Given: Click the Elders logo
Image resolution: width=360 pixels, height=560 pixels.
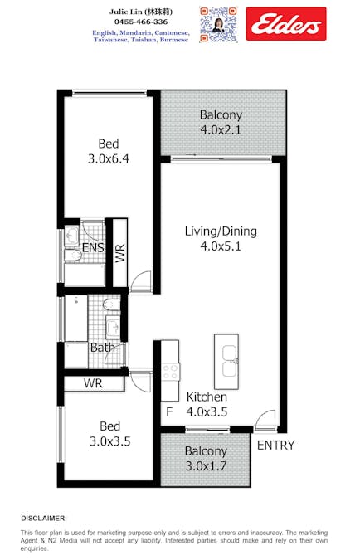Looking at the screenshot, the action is pyautogui.click(x=286, y=23).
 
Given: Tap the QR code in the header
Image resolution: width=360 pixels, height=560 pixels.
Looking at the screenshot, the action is pyautogui.click(x=218, y=25).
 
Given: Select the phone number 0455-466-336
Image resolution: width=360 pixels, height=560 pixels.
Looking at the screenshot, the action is pyautogui.click(x=141, y=22).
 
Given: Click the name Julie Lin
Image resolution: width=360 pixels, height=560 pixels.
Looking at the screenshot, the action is pyautogui.click(x=125, y=12).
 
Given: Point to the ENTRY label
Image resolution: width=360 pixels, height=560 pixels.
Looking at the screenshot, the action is pyautogui.click(x=275, y=445).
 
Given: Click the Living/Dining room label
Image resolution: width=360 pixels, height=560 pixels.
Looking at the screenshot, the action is pyautogui.click(x=221, y=231).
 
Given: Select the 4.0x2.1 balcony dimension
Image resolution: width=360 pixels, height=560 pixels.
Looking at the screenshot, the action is pyautogui.click(x=221, y=129).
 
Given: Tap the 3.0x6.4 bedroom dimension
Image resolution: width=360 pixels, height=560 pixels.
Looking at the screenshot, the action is pyautogui.click(x=109, y=158).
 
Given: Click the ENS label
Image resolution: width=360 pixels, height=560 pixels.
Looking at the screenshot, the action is pyautogui.click(x=93, y=247).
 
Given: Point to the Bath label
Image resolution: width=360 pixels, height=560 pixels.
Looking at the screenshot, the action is pyautogui.click(x=103, y=347).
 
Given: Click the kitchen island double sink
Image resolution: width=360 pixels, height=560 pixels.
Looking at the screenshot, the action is pyautogui.click(x=230, y=361).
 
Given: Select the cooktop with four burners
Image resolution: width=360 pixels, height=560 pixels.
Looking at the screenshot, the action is pyautogui.click(x=170, y=372).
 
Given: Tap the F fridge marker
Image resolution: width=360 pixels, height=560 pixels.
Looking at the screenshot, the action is pyautogui.click(x=169, y=411).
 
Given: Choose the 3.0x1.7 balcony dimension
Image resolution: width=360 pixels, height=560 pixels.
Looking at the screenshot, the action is pyautogui.click(x=206, y=466).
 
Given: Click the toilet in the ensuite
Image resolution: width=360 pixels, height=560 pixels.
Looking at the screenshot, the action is pyautogui.click(x=73, y=255).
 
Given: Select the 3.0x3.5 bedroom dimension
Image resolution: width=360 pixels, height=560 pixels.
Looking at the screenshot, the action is pyautogui.click(x=110, y=441).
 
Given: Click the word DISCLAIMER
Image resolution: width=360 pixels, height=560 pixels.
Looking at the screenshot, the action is pyautogui.click(x=44, y=519).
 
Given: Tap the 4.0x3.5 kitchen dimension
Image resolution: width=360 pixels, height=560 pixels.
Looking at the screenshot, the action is pyautogui.click(x=207, y=411).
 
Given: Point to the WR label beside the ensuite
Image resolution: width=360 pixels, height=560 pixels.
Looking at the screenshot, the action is pyautogui.click(x=120, y=253).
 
